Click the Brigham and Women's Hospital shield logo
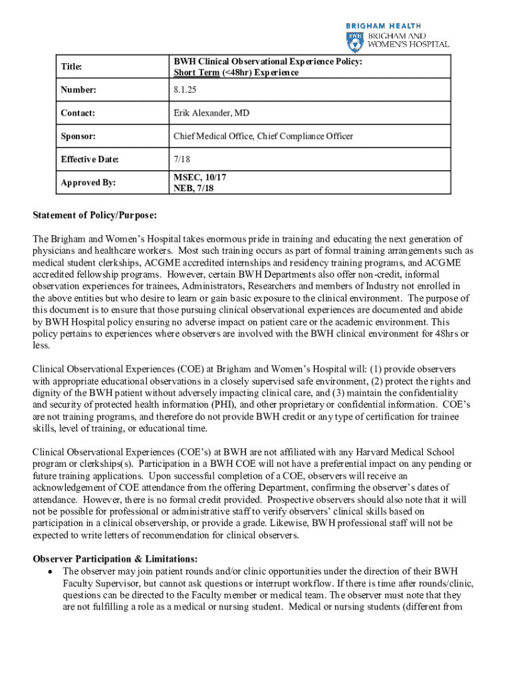(x=353, y=41)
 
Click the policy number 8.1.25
(x=186, y=90)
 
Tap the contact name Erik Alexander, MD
(x=211, y=113)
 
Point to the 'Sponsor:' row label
(x=78, y=136)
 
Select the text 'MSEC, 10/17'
(x=199, y=178)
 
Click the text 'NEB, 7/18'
(x=194, y=188)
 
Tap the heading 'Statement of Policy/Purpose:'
(x=95, y=215)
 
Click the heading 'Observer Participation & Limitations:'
(x=115, y=558)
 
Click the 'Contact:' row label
(x=78, y=113)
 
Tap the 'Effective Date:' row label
(x=89, y=159)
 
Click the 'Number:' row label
(x=78, y=90)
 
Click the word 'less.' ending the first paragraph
(x=41, y=344)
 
